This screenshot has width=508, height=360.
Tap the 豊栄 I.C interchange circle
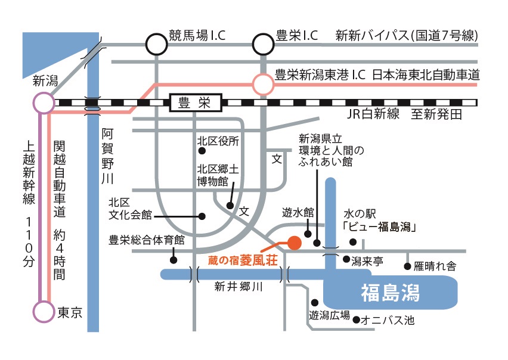pos(263,44)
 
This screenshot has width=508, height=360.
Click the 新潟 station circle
pos(44,103)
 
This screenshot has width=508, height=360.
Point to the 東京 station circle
pos(44,312)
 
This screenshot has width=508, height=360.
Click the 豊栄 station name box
pos(195,103)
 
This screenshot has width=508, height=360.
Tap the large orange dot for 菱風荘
pos(294,243)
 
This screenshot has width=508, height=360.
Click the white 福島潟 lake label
pos(391,293)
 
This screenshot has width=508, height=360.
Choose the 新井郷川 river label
pos(238,287)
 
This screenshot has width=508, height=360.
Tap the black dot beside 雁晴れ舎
pos(408,266)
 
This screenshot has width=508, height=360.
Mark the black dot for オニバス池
pos(357,320)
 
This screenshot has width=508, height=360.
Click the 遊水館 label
pos(298,212)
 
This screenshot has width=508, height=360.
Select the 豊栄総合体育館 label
pos(147,240)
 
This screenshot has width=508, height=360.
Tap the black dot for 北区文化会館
pos(202,216)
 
